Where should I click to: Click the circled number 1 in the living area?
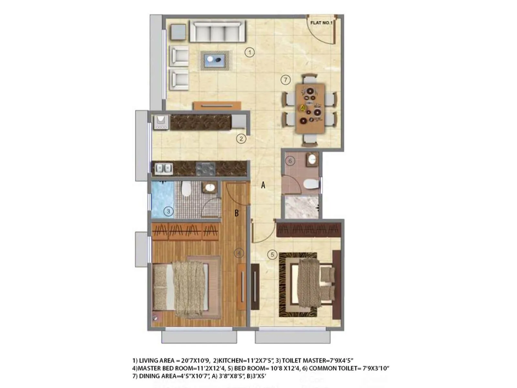coord(249,52)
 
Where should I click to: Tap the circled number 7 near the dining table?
coord(285,80)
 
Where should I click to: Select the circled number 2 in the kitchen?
coord(241,139)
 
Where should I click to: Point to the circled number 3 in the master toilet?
coord(168,212)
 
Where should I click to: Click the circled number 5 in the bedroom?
coord(272,254)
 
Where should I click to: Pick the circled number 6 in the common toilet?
coord(290,161)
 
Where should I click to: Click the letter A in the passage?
coord(263,185)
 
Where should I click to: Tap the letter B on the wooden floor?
coord(237,213)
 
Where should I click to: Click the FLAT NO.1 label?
coord(321,23)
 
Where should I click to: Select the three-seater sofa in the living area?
coord(217,31)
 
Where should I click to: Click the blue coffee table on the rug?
coord(215,60)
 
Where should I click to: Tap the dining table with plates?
coord(310,108)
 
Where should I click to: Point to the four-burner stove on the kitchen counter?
coord(206,168)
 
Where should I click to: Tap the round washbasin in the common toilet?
coord(312,159)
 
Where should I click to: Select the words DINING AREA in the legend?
coord(155,376)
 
